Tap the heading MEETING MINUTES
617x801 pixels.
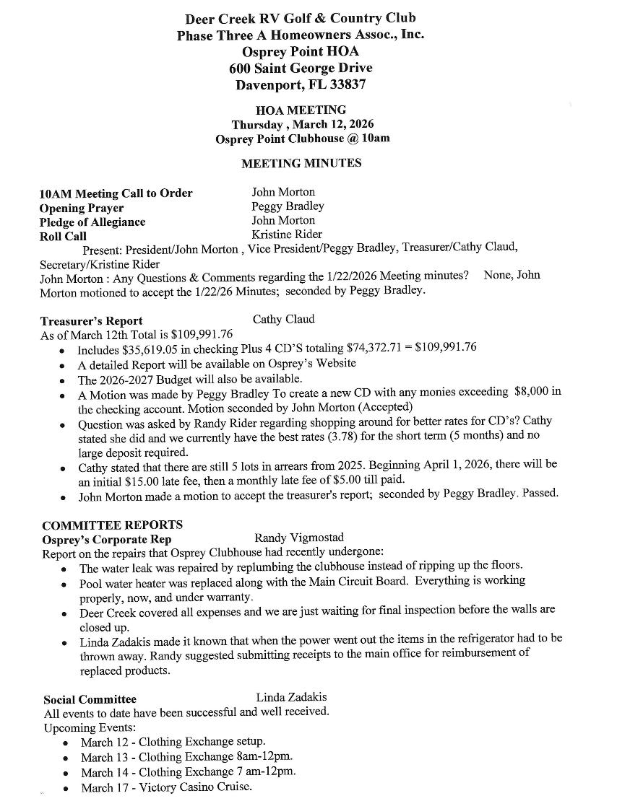[301, 163]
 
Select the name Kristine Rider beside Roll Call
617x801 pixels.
[287, 235]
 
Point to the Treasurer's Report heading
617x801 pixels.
[91, 321]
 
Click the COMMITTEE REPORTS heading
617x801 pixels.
[112, 525]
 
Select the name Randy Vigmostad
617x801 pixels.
[299, 538]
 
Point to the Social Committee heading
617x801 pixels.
[90, 699]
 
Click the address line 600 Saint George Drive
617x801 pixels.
[301, 69]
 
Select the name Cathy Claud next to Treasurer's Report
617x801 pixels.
[283, 319]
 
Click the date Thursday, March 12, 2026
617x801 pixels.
[302, 124]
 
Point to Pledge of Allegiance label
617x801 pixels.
[92, 222]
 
